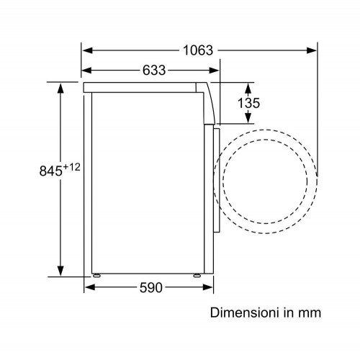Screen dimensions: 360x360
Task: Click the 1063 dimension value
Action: pos(198,50)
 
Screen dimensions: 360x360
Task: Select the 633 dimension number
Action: pos(154,71)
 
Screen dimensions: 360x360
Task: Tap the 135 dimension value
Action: pos(248,103)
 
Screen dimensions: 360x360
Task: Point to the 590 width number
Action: pos(151,287)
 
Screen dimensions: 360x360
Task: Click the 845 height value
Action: pos(51,171)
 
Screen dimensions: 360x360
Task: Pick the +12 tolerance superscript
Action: pos(71,167)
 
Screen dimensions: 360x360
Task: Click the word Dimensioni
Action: pos(246,312)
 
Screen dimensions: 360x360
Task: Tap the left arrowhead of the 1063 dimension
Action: pos(87,50)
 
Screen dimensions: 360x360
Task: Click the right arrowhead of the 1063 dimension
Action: pos(312,50)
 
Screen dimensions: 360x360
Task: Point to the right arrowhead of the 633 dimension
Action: pos(214,71)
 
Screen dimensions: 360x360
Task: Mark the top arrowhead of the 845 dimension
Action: pos(60,88)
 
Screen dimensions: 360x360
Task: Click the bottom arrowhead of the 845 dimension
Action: pos(60,271)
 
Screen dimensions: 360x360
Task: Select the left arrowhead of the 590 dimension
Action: pos(90,287)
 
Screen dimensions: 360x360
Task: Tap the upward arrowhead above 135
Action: pos(248,89)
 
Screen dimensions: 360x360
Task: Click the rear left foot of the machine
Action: pos(96,276)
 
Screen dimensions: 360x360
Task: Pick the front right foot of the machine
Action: pos(197,276)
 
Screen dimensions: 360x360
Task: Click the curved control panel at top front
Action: pos(209,103)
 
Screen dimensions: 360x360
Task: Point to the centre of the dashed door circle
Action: pos(265,181)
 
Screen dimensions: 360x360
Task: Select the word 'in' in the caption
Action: pos(289,312)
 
